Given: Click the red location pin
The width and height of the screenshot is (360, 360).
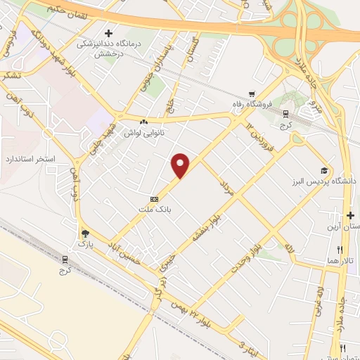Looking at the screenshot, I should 181,165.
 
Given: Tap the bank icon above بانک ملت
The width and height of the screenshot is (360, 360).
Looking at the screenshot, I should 154,198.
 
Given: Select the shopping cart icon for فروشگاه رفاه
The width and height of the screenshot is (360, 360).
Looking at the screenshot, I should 251,94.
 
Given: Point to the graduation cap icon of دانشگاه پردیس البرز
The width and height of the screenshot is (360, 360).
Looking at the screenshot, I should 323,170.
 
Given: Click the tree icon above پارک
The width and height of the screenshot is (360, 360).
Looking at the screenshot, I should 85,233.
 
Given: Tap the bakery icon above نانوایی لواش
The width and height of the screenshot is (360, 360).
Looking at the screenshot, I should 143,122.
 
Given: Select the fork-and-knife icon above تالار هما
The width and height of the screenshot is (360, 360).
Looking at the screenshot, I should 340,250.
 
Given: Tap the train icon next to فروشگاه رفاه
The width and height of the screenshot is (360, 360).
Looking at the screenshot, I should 285,112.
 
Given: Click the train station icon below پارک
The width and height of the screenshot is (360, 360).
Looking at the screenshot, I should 66,259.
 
